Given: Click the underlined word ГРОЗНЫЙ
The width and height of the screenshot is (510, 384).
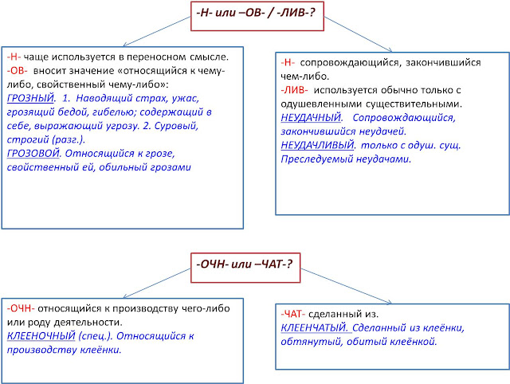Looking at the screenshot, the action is [x=30, y=98].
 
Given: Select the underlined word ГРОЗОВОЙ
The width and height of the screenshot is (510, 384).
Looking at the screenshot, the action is [x=33, y=153].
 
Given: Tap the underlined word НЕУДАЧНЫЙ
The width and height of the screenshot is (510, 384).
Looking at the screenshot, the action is [x=311, y=117].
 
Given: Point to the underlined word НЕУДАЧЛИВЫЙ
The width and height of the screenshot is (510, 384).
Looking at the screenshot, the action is [x=317, y=145].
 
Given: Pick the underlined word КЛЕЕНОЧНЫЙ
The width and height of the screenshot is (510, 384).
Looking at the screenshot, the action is [x=41, y=336].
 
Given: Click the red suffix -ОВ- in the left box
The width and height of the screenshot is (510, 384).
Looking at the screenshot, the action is [x=18, y=71].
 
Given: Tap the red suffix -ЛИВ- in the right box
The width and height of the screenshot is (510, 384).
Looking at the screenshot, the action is [x=294, y=90].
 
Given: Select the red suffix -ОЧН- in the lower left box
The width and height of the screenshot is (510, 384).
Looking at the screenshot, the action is [x=21, y=308].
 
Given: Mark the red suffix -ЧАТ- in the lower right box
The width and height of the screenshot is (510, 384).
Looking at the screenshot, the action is [x=293, y=314].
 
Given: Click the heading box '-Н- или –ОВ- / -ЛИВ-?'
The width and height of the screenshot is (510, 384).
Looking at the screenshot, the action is [x=257, y=16].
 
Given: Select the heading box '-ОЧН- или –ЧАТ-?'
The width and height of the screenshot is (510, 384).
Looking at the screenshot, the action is [x=245, y=268].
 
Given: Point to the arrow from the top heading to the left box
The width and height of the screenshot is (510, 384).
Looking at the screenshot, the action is [x=157, y=31].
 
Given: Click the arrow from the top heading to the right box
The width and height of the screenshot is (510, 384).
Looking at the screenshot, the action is [x=358, y=34].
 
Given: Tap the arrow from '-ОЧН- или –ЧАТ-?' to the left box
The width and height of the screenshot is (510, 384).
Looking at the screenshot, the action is [x=157, y=283].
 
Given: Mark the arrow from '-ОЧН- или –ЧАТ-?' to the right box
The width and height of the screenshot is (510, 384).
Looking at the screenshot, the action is [x=346, y=287].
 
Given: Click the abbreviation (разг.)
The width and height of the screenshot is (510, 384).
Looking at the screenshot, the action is [x=69, y=139].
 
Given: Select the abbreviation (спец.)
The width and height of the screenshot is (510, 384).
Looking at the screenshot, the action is [x=95, y=336].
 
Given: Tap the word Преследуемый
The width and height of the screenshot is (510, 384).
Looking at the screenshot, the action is [x=316, y=159].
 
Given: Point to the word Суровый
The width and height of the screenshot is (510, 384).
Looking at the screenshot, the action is [x=176, y=126].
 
